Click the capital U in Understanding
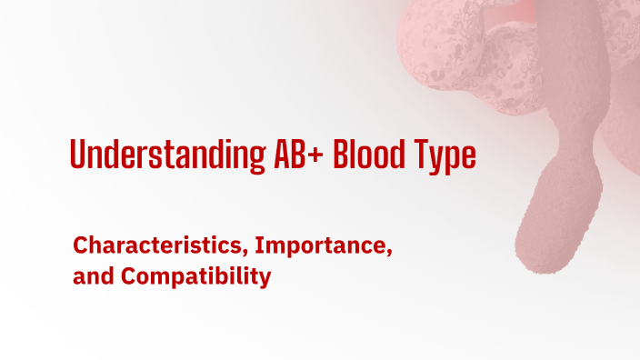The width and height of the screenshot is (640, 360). (x=77, y=155)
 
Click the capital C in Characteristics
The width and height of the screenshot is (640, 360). (x=80, y=245)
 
